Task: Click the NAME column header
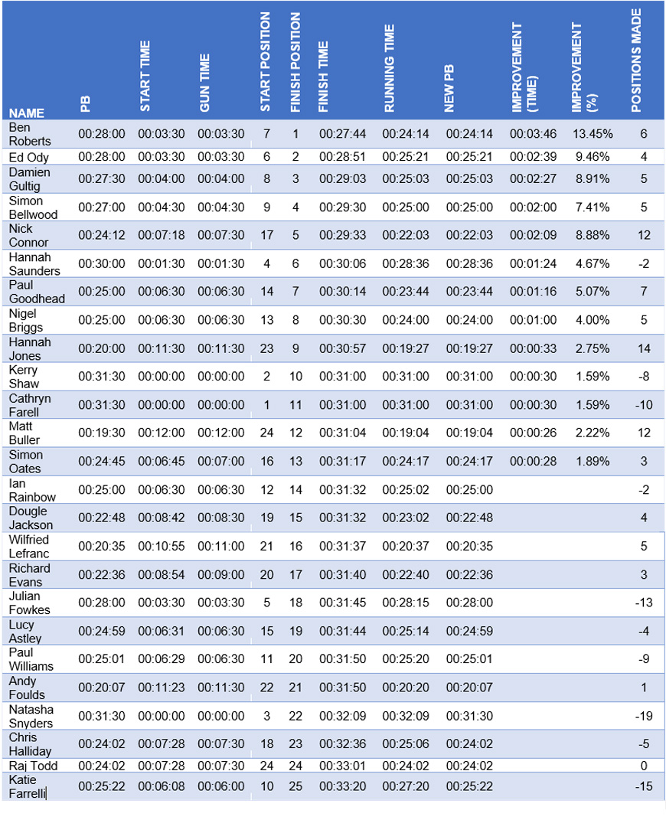click(26, 113)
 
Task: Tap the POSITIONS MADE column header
click(635, 60)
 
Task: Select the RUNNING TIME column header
click(389, 68)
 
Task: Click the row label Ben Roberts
click(30, 135)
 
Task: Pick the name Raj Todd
click(33, 766)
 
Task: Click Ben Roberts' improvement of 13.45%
click(593, 134)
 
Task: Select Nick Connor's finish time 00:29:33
click(342, 235)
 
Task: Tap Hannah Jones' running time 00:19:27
click(405, 349)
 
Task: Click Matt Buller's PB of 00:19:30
click(101, 433)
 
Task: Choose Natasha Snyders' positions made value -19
click(644, 716)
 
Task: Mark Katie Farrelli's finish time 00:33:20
click(342, 786)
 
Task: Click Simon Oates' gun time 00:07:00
click(220, 461)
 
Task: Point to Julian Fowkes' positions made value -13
click(644, 603)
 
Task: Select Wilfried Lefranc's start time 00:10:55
click(161, 547)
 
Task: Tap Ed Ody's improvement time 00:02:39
click(534, 157)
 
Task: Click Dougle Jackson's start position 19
click(266, 518)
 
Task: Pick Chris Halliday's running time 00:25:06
click(405, 744)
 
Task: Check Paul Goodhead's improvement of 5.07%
click(593, 291)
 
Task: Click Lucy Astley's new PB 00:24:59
click(469, 631)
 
